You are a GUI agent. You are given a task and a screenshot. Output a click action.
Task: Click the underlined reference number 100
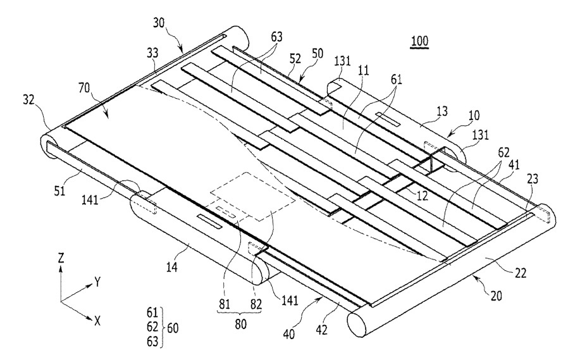[420, 41]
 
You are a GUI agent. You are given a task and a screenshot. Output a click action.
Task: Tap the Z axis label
[61, 258]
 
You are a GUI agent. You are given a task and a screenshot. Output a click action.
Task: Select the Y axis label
[97, 283]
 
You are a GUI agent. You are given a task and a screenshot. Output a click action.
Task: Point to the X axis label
[97, 321]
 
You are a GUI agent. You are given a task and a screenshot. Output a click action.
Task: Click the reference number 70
[85, 88]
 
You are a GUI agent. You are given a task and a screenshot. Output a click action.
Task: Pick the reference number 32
[29, 100]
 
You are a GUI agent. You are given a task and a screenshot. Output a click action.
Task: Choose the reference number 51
[59, 190]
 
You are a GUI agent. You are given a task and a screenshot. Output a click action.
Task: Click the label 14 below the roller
[172, 267]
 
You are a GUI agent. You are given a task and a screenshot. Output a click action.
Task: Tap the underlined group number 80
[240, 324]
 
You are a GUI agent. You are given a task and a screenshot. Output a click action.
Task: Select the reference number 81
[224, 304]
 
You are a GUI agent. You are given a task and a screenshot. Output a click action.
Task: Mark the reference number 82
[256, 304]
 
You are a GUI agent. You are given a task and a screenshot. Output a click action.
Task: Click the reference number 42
[321, 330]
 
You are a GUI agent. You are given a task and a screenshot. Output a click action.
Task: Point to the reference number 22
[521, 273]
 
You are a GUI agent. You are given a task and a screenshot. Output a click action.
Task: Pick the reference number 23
[533, 178]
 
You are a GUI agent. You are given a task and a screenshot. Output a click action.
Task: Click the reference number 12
[422, 195]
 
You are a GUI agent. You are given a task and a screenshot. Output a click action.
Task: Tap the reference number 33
[152, 54]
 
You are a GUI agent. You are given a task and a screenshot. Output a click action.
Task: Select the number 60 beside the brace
[173, 328]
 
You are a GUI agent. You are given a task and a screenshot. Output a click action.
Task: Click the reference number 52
[295, 59]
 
